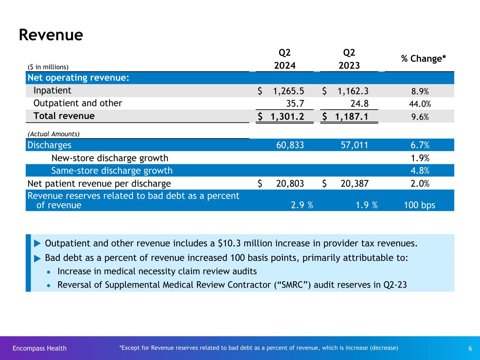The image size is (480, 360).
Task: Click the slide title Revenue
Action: coord(51,35)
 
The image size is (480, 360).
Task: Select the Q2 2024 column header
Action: coord(285,59)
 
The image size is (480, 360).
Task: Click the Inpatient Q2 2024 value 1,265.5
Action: coord(288,91)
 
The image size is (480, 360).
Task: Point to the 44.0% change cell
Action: coord(420,104)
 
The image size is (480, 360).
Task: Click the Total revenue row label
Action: coord(64,116)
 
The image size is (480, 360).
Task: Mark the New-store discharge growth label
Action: coord(110,158)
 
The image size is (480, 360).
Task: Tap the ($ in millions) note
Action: coord(48,67)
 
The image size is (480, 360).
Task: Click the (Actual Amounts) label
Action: coord(53,134)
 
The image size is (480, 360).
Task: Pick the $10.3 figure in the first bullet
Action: coord(229,243)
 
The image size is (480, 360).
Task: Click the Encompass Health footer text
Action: coord(39,348)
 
